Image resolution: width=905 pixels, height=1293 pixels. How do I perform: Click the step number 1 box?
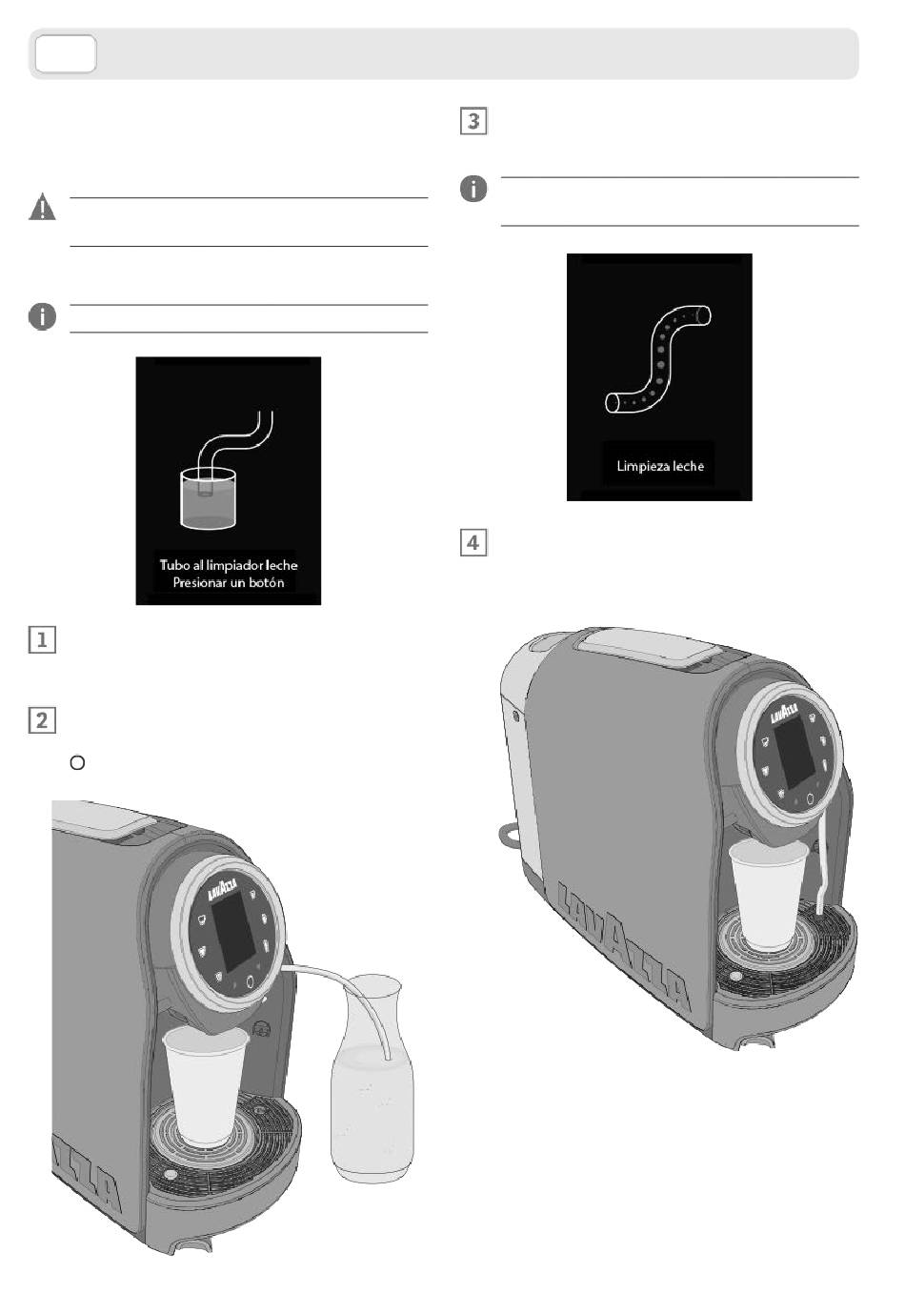(41, 639)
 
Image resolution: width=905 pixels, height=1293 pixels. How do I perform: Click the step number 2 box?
(41, 719)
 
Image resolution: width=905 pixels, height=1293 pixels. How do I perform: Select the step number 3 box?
(473, 122)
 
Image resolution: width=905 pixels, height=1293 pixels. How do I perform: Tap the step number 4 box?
(473, 542)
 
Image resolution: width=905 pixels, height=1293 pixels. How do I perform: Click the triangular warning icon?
(42, 208)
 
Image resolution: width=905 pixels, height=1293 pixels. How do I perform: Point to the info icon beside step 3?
(473, 189)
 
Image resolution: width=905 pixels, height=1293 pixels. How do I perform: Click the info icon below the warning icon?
(42, 316)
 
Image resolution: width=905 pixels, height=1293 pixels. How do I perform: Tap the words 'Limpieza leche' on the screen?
(660, 466)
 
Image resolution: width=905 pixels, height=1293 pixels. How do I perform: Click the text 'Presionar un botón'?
(229, 582)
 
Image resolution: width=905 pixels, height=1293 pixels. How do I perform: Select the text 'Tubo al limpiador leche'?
(229, 565)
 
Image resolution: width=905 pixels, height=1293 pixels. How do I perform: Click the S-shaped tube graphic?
(660, 360)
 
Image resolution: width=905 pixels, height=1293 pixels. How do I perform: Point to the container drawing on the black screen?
(208, 497)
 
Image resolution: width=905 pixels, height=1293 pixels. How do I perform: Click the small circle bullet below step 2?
(78, 762)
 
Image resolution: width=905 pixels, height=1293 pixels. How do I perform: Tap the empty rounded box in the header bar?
(66, 53)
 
